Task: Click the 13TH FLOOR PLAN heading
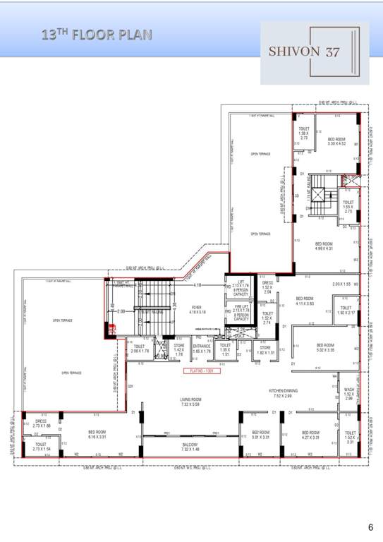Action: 97,33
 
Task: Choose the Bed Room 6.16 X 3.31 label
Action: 97,434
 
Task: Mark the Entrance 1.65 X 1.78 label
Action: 202,349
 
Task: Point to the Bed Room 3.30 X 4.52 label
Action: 336,141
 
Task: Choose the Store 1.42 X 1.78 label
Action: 179,349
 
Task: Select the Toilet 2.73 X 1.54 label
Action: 41,446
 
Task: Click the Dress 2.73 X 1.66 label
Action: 41,424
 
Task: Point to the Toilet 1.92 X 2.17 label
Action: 346,310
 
